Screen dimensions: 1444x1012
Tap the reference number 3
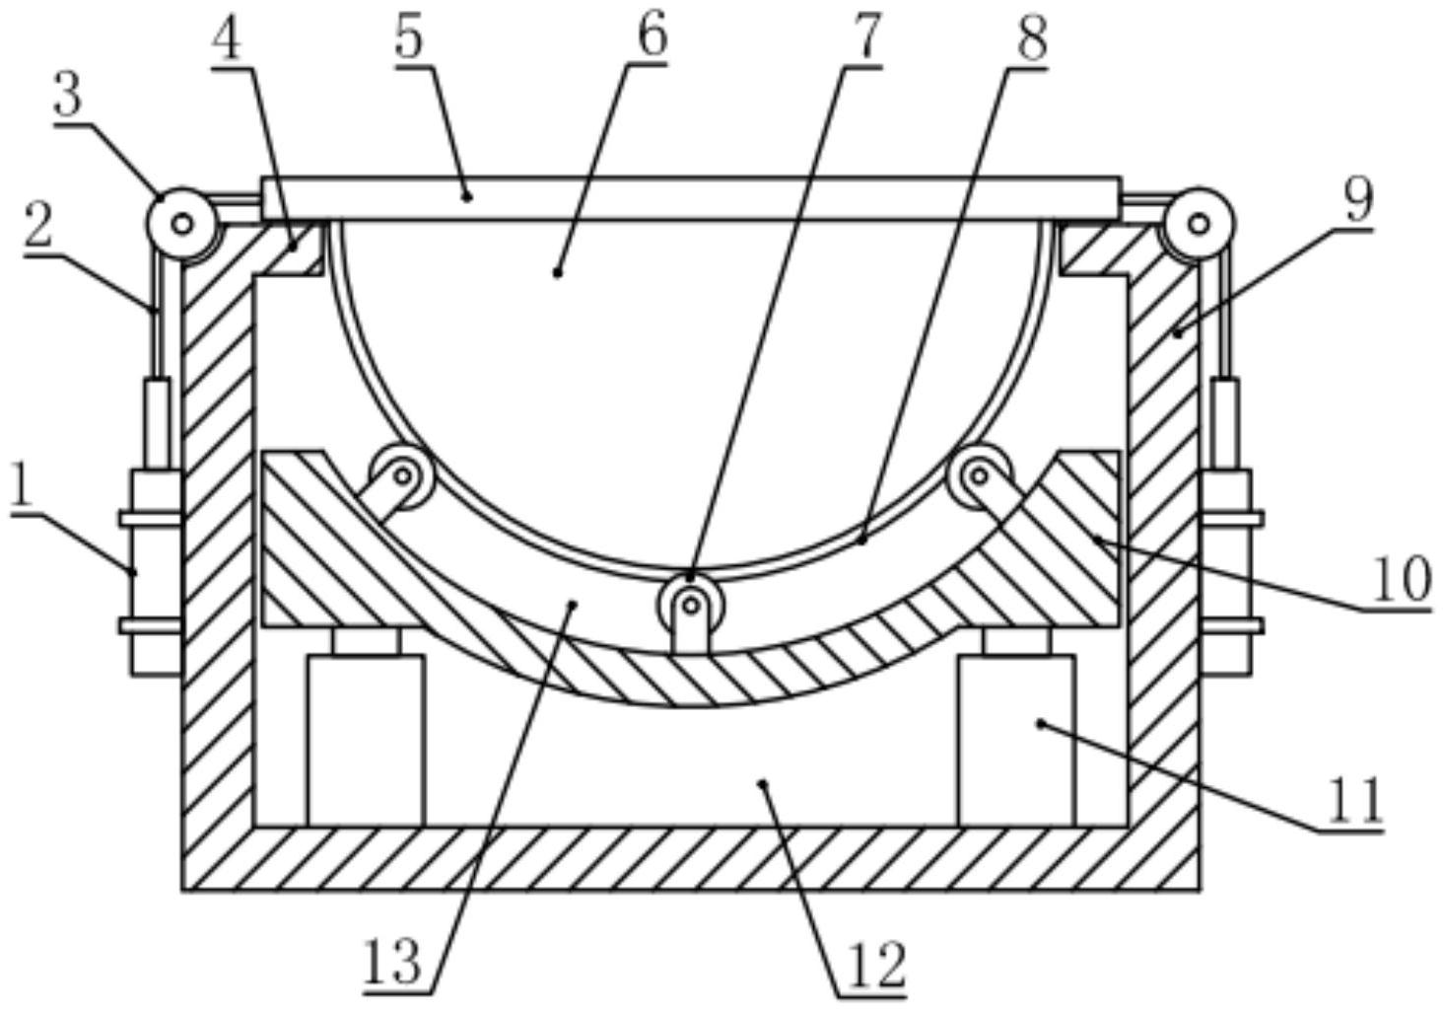[x=68, y=98]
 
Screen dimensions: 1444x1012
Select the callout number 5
[x=409, y=38]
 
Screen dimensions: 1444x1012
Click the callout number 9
[x=1359, y=200]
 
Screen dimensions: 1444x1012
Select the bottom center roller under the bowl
[x=690, y=605]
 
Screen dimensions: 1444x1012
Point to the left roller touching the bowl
[x=402, y=476]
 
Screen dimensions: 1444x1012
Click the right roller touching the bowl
[x=979, y=476]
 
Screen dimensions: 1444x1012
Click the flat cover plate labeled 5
[x=690, y=198]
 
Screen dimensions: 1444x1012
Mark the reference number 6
[x=653, y=38]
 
